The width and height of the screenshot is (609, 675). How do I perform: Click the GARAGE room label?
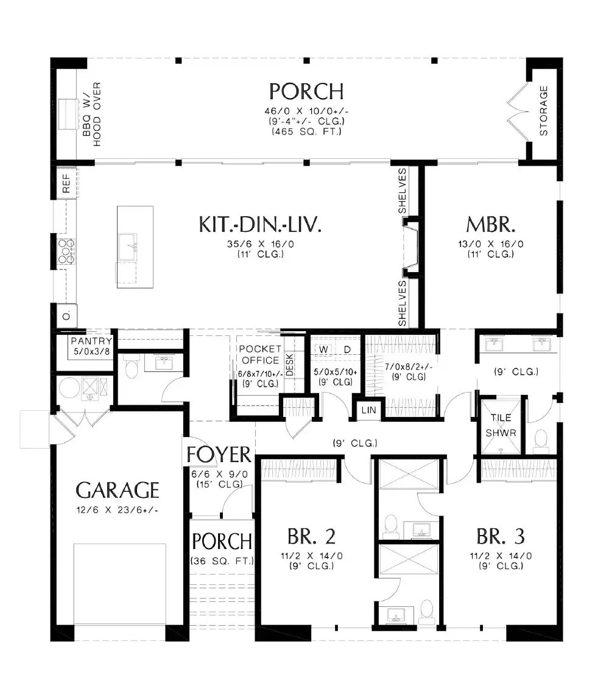click(x=117, y=489)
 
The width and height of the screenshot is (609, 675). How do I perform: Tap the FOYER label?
click(x=219, y=455)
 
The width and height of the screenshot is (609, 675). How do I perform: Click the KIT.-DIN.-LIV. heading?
click(x=259, y=224)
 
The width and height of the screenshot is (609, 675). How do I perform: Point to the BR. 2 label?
click(x=311, y=537)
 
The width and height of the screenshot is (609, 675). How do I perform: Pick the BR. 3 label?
click(x=501, y=537)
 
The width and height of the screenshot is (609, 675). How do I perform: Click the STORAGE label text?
click(x=544, y=110)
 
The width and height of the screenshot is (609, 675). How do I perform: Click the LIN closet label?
click(x=369, y=411)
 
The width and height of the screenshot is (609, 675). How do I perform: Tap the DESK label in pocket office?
click(x=290, y=365)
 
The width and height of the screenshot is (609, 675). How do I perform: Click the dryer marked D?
click(x=348, y=349)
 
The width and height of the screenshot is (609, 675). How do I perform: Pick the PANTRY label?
click(x=91, y=341)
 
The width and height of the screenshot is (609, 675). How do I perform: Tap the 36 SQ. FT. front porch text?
click(x=222, y=561)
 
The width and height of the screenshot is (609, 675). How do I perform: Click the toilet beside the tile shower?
click(x=540, y=440)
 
